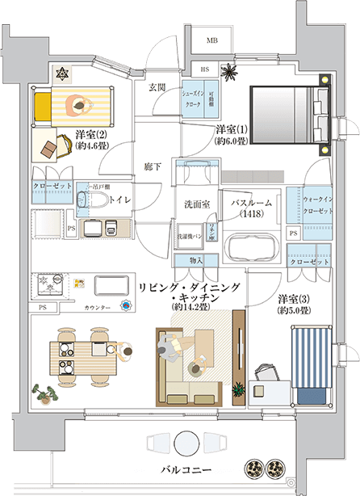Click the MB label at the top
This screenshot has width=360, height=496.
[x=212, y=40]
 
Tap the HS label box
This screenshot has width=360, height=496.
[x=205, y=70]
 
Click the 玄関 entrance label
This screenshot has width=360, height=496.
[x=157, y=87]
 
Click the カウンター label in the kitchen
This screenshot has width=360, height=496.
[x=97, y=308]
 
